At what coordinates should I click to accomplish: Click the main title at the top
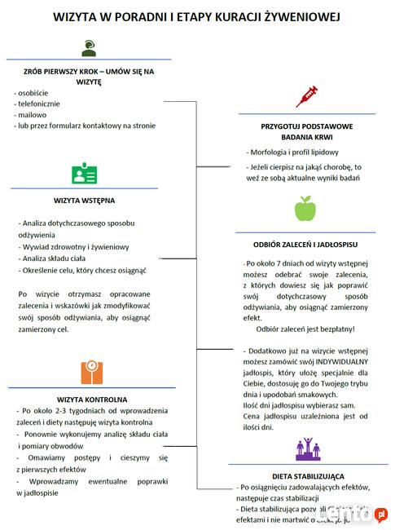pyautogui.click(x=197, y=16)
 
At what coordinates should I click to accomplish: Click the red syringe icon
pyautogui.click(x=306, y=95)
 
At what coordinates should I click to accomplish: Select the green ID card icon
pyautogui.click(x=84, y=174)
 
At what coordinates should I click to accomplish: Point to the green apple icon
pyautogui.click(x=305, y=209)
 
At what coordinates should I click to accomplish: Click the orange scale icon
pyautogui.click(x=91, y=372)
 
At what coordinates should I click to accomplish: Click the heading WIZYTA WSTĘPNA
pyautogui.click(x=84, y=201)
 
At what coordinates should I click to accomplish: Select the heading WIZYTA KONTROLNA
pyautogui.click(x=92, y=400)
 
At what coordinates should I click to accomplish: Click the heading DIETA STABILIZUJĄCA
pyautogui.click(x=308, y=475)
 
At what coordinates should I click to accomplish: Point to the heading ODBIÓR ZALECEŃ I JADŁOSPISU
pyautogui.click(x=306, y=244)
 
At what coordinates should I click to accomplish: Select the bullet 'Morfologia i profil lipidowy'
pyautogui.click(x=294, y=152)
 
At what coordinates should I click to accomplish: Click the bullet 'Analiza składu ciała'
pyautogui.click(x=57, y=258)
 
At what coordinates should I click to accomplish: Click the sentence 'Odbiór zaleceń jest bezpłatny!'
pyautogui.click(x=305, y=329)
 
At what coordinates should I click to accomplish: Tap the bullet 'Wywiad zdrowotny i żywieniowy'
pyautogui.click(x=74, y=246)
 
